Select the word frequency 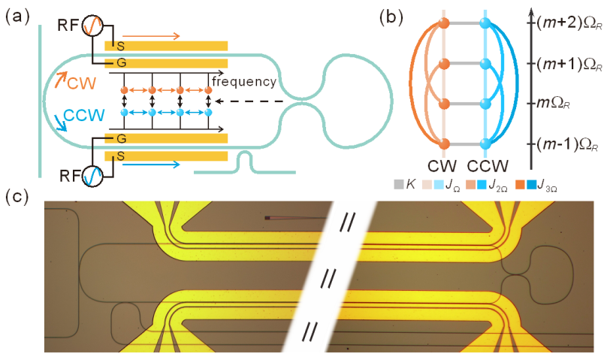coord(243,80)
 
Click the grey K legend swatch coord(398,183)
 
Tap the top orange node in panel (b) coord(444,24)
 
